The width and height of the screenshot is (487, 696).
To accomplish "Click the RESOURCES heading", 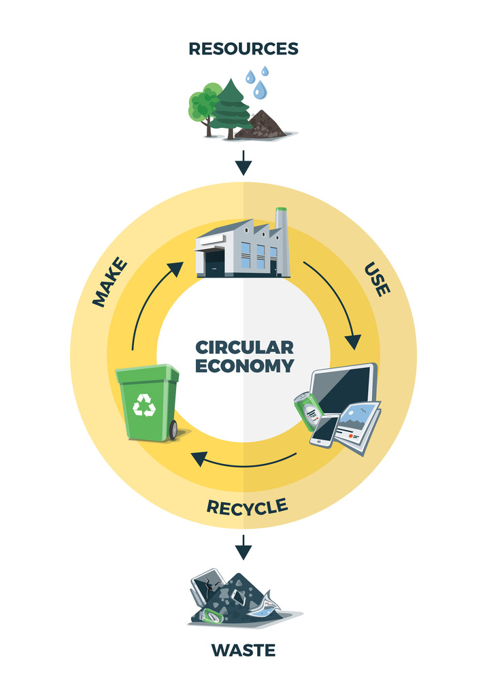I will point(244,49).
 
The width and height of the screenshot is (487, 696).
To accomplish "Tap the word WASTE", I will point(244,650).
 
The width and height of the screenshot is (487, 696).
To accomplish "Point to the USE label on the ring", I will point(377,278).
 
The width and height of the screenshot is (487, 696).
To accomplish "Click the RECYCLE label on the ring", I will point(247,506).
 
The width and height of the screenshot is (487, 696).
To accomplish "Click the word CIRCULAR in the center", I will point(244,347).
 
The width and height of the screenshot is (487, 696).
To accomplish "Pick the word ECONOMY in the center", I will point(244,365).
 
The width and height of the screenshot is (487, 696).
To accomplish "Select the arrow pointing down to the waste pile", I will point(244,546).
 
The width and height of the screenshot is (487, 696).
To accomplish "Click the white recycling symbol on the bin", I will point(144,406).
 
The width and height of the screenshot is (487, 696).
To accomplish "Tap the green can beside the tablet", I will point(307,411).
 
